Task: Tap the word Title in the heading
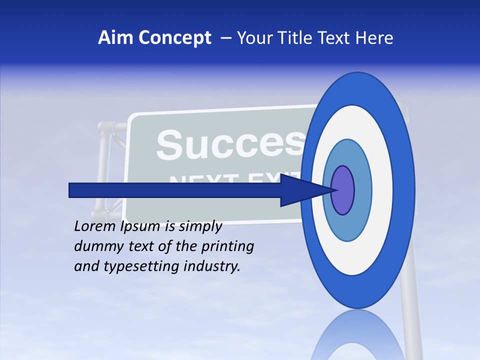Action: (298, 38)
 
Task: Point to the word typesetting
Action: (140, 267)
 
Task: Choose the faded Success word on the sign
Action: (230, 145)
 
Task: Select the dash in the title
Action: (226, 38)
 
